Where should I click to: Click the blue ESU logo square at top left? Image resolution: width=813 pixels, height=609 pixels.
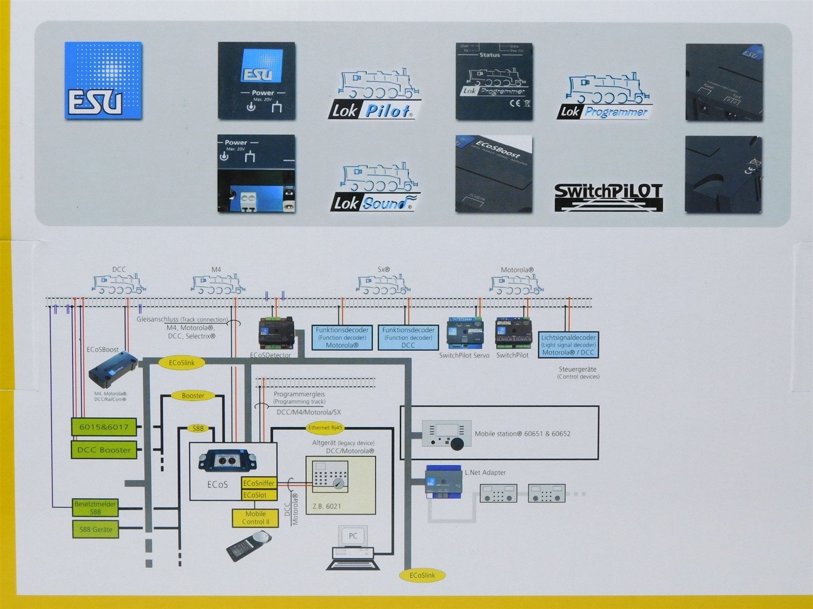click(103, 81)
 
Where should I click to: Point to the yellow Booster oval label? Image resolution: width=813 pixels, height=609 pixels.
click(193, 396)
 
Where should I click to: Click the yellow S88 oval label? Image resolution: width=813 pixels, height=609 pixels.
click(198, 428)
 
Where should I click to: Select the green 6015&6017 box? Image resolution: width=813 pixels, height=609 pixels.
click(104, 427)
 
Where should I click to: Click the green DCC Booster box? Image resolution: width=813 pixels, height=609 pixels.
click(104, 450)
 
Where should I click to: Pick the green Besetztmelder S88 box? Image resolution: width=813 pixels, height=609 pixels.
click(95, 507)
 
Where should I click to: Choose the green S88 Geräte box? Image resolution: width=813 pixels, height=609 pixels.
click(96, 529)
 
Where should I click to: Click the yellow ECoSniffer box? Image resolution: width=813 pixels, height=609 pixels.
click(259, 483)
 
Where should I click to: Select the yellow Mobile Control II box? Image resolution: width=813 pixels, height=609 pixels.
click(256, 518)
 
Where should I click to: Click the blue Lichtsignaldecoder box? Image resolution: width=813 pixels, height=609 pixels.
click(568, 345)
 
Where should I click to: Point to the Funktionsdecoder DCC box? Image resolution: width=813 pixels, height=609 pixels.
click(408, 337)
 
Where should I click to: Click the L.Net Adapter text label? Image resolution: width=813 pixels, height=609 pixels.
click(485, 472)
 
